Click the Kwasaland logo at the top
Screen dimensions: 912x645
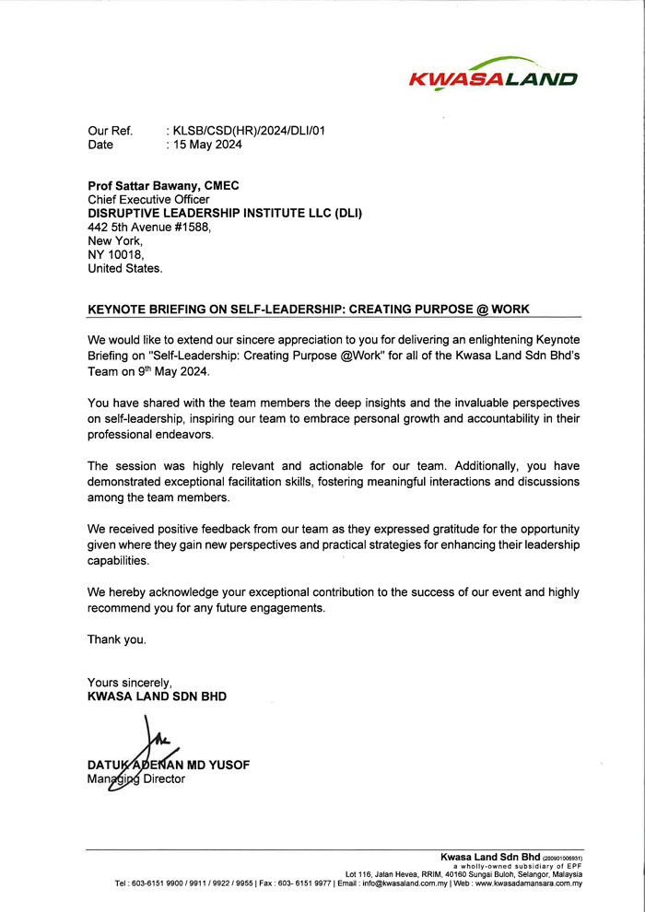(493, 73)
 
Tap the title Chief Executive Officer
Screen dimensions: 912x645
(148, 199)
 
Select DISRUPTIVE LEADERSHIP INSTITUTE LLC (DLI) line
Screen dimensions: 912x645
(225, 213)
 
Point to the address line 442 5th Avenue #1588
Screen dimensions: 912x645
(149, 227)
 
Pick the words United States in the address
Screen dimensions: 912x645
(124, 268)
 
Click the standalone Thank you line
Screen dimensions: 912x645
(117, 639)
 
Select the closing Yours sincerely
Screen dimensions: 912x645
(130, 683)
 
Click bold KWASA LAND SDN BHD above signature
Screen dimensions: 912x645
(157, 696)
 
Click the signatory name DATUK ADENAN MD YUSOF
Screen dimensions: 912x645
(168, 765)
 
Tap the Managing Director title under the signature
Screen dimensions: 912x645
(136, 778)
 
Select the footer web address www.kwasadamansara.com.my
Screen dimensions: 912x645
(529, 883)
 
